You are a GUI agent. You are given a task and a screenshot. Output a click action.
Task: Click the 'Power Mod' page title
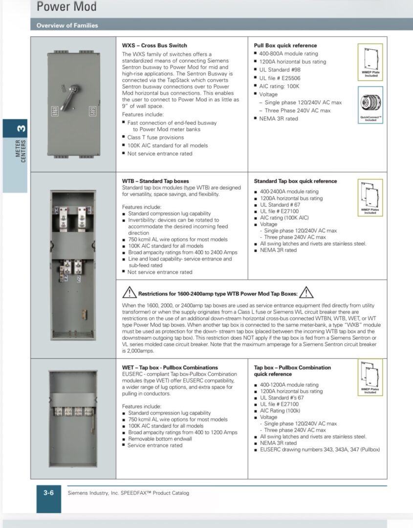pos(66,7)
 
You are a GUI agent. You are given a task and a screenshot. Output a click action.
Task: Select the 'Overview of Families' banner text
pos(67,25)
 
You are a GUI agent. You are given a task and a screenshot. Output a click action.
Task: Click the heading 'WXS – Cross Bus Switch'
pos(154,45)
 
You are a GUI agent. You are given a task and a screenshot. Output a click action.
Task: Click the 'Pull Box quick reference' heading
pos(285,45)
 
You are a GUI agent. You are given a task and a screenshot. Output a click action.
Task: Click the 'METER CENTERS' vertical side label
pos(21,151)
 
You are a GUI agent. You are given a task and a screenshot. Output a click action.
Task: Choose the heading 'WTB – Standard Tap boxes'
pos(155,181)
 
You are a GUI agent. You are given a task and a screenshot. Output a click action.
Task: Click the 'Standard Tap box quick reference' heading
pos(295,181)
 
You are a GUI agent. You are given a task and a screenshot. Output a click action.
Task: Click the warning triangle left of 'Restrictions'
pos(129,293)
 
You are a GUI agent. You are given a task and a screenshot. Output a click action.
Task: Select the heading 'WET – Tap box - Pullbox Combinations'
pos(170,368)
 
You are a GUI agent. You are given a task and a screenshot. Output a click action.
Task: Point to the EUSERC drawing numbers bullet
pos(320,450)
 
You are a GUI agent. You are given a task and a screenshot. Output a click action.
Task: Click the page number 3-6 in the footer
pos(48,493)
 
